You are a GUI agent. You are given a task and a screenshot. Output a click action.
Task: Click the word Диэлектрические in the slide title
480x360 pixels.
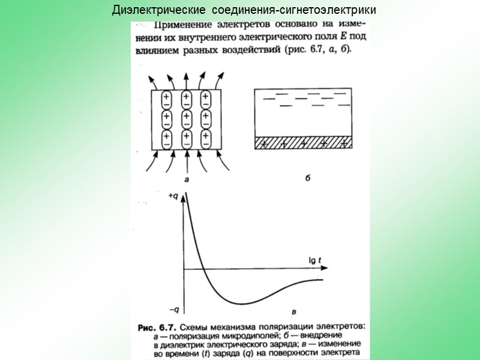tap(149, 11)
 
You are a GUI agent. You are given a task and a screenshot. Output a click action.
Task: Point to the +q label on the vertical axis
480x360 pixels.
tap(173, 197)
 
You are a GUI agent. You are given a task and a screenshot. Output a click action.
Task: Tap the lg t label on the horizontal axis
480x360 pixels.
tap(314, 260)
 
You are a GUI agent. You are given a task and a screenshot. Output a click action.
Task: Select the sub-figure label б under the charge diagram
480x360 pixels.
tap(307, 178)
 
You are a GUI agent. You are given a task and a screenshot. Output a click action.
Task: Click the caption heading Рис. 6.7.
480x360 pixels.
tap(156, 327)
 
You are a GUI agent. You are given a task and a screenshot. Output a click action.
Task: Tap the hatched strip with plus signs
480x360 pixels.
tap(302, 143)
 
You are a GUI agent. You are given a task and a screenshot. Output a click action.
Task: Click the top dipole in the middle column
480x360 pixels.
tap(187, 100)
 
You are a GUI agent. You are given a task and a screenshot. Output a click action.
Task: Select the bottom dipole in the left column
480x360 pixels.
tap(167, 139)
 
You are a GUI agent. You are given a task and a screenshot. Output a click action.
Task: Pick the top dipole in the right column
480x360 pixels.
tap(206, 100)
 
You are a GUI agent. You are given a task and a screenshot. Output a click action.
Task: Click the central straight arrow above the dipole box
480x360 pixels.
tap(187, 80)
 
